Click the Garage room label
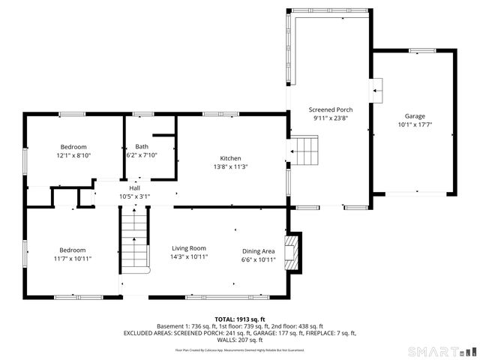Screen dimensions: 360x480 (x=415, y=116)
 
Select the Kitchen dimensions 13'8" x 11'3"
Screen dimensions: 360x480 (x=230, y=166)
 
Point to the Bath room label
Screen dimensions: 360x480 (x=141, y=146)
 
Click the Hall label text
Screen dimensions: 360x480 (x=134, y=188)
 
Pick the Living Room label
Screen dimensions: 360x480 (x=188, y=249)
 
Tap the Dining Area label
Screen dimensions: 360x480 (x=258, y=251)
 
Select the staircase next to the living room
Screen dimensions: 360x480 (x=133, y=241)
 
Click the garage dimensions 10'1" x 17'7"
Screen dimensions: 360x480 (x=415, y=124)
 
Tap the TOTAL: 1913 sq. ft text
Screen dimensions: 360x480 (x=239, y=319)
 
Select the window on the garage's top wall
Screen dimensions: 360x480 (x=422, y=50)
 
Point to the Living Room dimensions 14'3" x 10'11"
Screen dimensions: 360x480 (x=188, y=257)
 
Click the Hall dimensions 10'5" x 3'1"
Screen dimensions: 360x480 (x=134, y=196)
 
